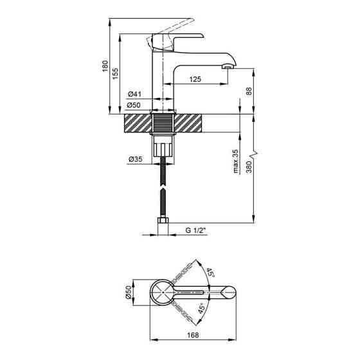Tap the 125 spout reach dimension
(195, 79)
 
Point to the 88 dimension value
(249, 91)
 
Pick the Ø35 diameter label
(135, 159)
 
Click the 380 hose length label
(249, 167)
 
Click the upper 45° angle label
(210, 273)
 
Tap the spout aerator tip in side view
(227, 66)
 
